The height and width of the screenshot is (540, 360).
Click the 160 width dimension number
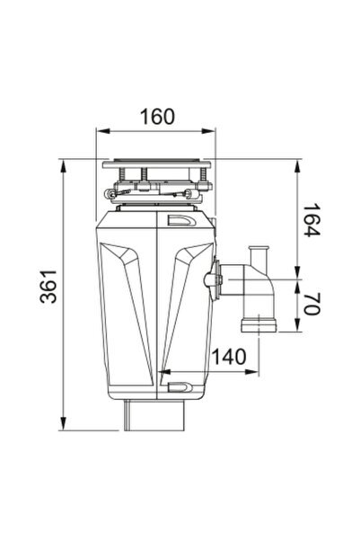click(157, 117)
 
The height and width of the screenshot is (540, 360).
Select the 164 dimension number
click(310, 221)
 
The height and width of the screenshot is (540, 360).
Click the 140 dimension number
click(230, 356)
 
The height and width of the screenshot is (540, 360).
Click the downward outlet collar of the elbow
click(258, 323)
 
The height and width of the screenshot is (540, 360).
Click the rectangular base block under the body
click(156, 415)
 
